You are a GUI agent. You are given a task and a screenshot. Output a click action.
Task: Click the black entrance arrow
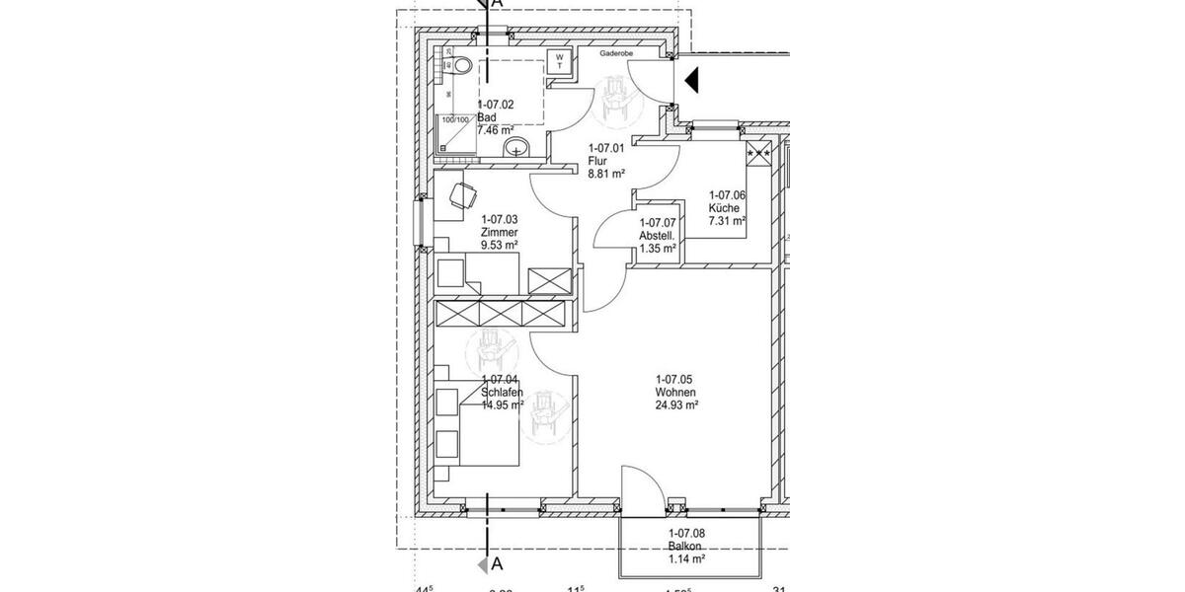tap(692, 80)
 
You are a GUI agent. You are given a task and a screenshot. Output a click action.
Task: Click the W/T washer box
tap(558, 61)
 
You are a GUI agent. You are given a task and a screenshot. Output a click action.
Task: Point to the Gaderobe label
tap(616, 56)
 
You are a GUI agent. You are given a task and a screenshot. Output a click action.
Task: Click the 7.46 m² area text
tap(496, 130)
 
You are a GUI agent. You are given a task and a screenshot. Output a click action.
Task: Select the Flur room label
tap(597, 161)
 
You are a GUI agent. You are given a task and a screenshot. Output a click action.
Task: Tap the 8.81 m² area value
tap(606, 174)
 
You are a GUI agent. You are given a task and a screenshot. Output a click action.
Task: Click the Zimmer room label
tap(500, 233)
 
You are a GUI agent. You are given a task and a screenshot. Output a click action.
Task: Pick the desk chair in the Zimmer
tap(459, 194)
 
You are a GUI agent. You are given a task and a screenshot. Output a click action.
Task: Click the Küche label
tap(726, 208)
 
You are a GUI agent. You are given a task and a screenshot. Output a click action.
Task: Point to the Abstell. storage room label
tap(658, 236)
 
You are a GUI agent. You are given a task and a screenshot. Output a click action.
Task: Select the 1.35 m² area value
tap(658, 249)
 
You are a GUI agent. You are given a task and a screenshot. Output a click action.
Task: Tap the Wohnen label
tap(674, 392)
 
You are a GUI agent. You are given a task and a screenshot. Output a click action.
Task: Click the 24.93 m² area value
tap(677, 405)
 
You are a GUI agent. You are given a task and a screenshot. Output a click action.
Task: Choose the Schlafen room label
tap(502, 392)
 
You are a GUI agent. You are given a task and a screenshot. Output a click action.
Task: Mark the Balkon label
tap(684, 547)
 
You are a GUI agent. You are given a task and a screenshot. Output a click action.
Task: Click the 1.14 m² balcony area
tap(686, 559)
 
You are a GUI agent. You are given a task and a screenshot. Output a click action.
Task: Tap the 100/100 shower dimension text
tap(455, 120)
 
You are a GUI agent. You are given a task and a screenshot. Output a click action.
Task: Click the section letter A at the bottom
tap(497, 564)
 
